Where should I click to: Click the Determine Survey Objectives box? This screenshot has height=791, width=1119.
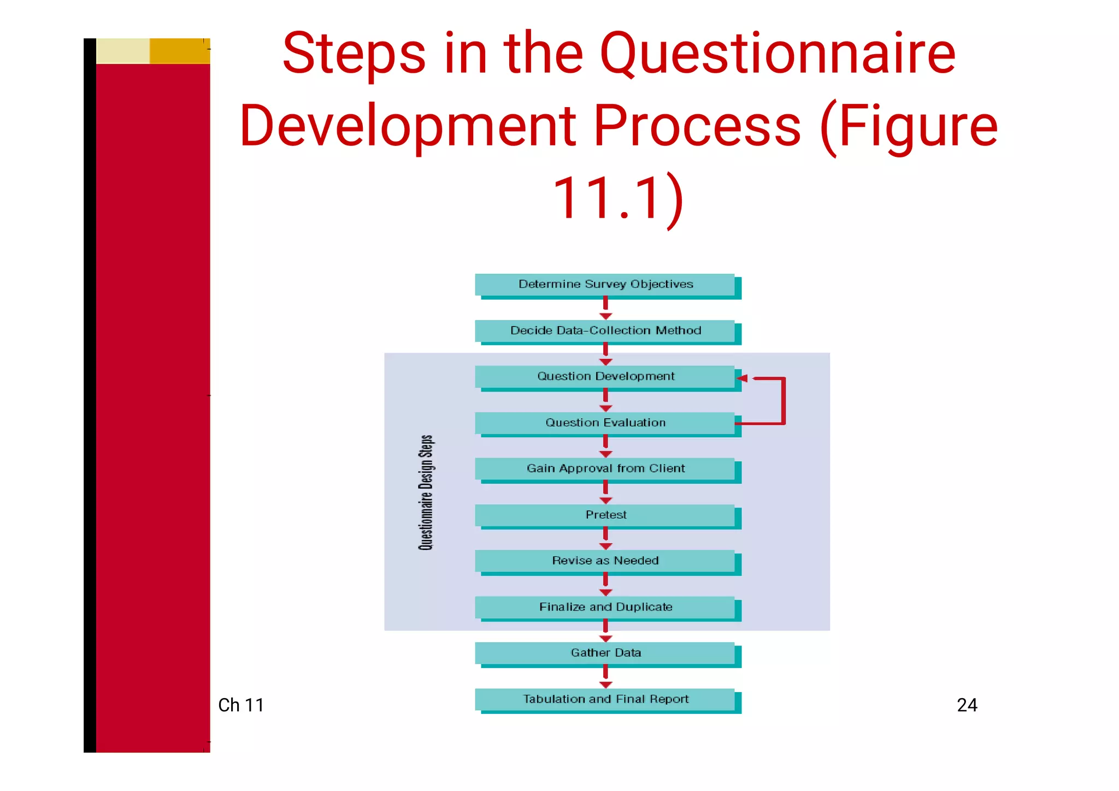coord(605,285)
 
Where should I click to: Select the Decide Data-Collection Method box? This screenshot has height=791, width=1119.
coord(605,331)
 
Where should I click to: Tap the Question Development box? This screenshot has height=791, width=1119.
coord(605,377)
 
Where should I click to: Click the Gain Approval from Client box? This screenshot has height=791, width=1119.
coord(605,469)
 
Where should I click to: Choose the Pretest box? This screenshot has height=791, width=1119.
coord(605,515)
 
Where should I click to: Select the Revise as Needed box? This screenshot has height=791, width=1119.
coord(605,561)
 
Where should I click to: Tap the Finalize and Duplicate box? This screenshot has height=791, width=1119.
coord(605,607)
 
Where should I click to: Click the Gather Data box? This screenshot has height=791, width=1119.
coord(605,653)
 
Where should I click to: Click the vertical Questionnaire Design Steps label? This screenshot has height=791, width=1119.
coord(426,493)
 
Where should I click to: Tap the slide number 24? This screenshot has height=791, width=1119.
coord(967,705)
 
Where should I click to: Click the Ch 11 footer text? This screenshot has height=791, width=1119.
coord(241,705)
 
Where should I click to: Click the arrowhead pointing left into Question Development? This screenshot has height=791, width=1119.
coord(743,378)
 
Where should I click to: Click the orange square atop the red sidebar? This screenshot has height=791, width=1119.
coord(179,51)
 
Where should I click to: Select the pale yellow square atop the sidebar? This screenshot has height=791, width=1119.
coord(123,51)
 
